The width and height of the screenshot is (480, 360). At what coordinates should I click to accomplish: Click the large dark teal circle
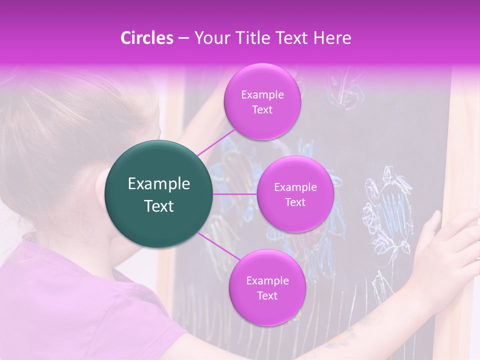click(159, 194)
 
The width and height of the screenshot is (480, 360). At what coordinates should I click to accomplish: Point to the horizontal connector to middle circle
click(235, 194)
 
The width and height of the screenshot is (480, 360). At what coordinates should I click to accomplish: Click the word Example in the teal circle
click(159, 184)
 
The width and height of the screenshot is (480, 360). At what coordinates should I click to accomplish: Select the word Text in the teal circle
click(159, 206)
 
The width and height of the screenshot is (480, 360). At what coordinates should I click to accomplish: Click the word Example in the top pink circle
click(262, 94)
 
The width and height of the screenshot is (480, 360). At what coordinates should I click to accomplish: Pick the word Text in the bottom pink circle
click(267, 295)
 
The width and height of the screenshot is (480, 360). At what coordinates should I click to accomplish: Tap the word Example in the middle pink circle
click(295, 187)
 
